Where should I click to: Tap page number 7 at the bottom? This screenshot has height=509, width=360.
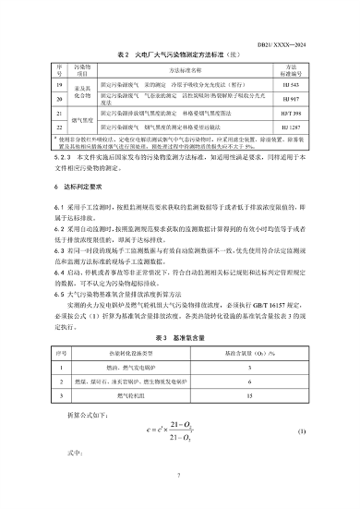[x=179, y=476]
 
